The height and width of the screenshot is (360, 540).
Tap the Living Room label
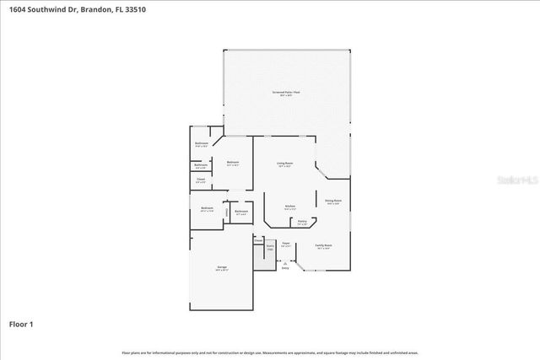click(x=284, y=163)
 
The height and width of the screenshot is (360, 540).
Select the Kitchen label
click(x=289, y=206)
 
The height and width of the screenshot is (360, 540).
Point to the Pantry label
click(x=302, y=223)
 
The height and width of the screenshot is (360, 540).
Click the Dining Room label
click(x=333, y=201)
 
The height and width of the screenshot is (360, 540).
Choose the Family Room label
click(x=324, y=245)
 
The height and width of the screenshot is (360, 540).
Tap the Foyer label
click(x=286, y=244)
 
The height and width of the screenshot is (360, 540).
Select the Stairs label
click(x=271, y=248)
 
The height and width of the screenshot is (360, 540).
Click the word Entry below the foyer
click(x=284, y=268)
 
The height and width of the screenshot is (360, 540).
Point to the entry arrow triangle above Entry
click(x=284, y=262)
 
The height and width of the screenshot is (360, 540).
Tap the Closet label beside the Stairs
click(x=259, y=240)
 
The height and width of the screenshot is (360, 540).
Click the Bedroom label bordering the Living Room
click(x=232, y=162)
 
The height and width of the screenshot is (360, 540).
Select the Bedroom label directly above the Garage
click(x=207, y=207)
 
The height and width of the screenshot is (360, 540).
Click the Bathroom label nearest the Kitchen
click(x=241, y=211)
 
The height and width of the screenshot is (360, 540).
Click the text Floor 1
click(x=21, y=324)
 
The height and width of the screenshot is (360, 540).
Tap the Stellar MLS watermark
click(x=516, y=180)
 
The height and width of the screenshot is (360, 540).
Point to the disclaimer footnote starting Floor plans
click(x=270, y=352)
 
